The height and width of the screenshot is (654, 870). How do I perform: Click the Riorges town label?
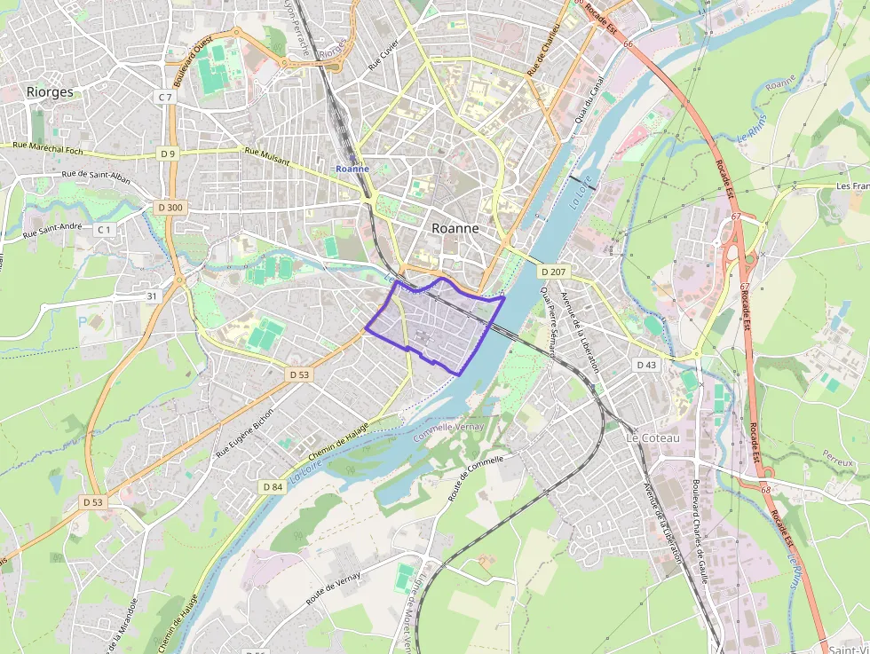pyautogui.click(x=50, y=91)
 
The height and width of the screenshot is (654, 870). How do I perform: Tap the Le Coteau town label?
pyautogui.click(x=652, y=438)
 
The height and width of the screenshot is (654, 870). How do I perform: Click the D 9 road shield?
pyautogui.click(x=168, y=154)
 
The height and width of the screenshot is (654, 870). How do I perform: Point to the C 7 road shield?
pyautogui.click(x=165, y=96)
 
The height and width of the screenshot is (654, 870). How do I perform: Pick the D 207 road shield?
pyautogui.click(x=551, y=270)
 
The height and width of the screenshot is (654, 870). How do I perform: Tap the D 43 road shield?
pyautogui.click(x=646, y=365)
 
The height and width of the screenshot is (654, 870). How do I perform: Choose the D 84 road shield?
pyautogui.click(x=273, y=486)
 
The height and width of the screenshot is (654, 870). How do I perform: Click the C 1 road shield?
pyautogui.click(x=105, y=230)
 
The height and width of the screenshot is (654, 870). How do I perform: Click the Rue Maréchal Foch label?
pyautogui.click(x=48, y=148)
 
